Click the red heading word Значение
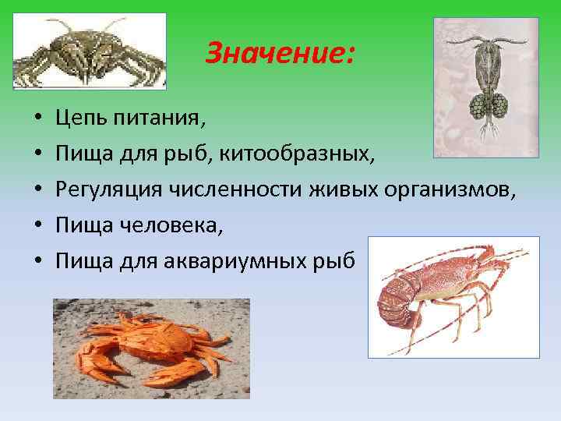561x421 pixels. click(279, 54)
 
